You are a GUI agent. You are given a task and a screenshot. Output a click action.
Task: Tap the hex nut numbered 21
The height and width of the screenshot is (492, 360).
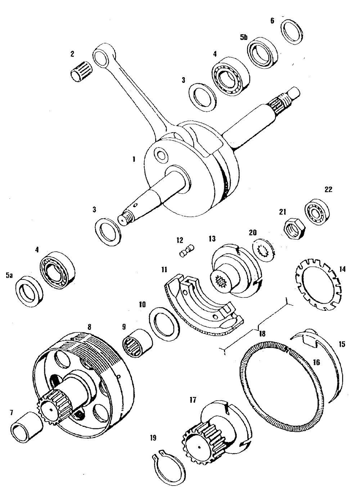pyautogui.click(x=295, y=228)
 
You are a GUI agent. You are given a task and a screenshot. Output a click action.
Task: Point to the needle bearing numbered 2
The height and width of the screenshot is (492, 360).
pyautogui.click(x=81, y=71)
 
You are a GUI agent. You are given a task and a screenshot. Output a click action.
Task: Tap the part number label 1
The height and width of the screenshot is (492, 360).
pyautogui.click(x=134, y=159)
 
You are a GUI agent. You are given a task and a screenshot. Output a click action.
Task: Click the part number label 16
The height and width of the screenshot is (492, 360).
pyautogui.click(x=316, y=363)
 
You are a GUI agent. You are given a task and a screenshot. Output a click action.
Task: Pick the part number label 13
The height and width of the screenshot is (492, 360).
pyautogui.click(x=211, y=238)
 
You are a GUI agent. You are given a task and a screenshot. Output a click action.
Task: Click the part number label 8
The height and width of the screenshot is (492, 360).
pyautogui.click(x=89, y=327)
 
